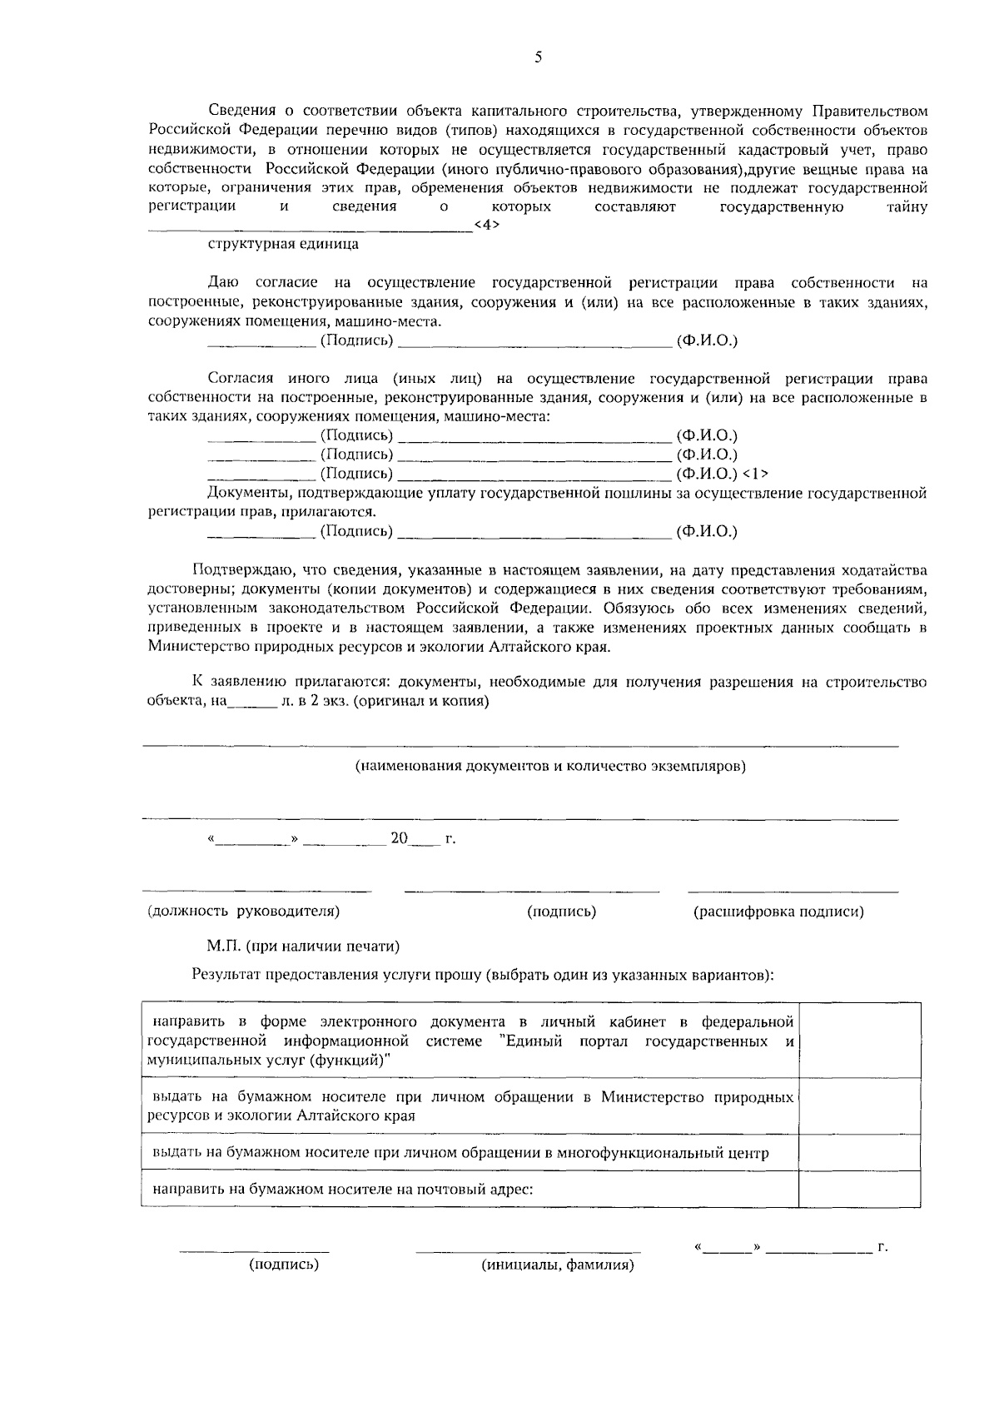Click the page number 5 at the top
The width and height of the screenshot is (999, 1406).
[538, 57]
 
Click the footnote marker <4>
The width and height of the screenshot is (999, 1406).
[486, 225]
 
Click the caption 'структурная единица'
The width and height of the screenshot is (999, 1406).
[283, 244]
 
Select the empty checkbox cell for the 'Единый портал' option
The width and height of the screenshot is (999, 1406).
[859, 1040]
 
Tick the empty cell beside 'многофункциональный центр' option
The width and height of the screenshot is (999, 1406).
[859, 1153]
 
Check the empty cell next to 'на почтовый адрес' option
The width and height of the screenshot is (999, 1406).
[859, 1190]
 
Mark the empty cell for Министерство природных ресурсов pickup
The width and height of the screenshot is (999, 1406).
[859, 1106]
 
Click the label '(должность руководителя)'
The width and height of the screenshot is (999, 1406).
[243, 911]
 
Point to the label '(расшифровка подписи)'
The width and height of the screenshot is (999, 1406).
[778, 912]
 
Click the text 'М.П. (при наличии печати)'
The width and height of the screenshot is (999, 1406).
[303, 946]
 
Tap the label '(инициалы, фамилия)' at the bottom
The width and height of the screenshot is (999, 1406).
[558, 1265]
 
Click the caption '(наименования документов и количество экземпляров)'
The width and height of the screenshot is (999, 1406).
[550, 766]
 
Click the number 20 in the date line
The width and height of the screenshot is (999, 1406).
[399, 838]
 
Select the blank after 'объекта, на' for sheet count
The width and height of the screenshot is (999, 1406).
[252, 702]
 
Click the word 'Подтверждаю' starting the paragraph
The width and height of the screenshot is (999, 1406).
[241, 570]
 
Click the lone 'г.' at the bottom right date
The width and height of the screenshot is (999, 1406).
[882, 1247]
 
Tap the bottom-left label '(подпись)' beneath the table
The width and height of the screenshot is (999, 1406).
[284, 1264]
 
